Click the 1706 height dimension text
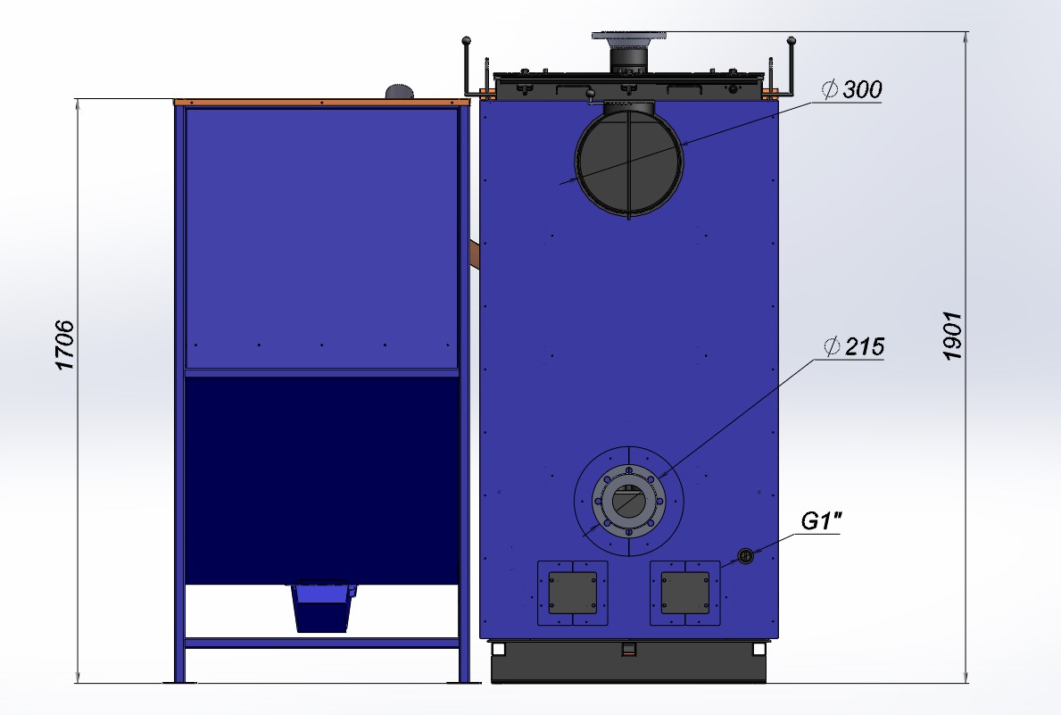pos(64,345)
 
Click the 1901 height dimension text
pos(953,336)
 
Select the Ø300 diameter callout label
pos(852,89)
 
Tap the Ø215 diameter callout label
pos(854,346)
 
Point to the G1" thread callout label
pos(822,520)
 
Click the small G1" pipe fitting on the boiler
pos(745,556)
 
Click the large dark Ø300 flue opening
pos(628,162)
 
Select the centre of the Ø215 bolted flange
pos(628,502)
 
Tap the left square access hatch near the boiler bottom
pos(573,593)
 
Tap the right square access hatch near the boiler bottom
pos(684,593)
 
